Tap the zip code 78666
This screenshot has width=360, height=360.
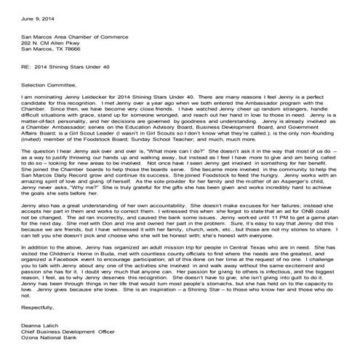(81, 49)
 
